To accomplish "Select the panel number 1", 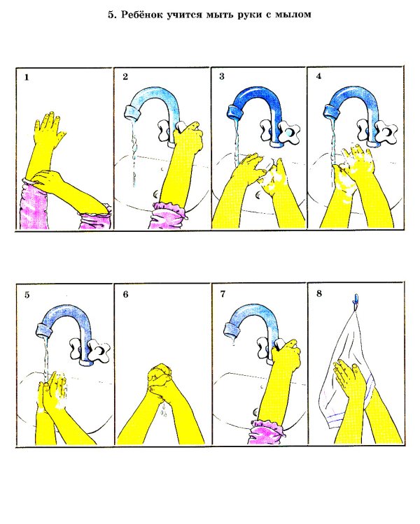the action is (x=27, y=78).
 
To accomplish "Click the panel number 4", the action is (x=318, y=76).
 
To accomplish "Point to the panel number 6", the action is (x=125, y=294).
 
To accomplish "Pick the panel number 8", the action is (x=319, y=293).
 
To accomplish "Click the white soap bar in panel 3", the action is (x=269, y=163).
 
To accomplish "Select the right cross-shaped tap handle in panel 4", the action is (x=387, y=131).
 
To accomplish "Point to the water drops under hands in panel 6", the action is (x=164, y=410).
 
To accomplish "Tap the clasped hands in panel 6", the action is (x=160, y=378).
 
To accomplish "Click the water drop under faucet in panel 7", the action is (x=234, y=342).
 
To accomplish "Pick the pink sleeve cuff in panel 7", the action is (x=267, y=432).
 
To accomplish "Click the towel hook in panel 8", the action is (x=356, y=299).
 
